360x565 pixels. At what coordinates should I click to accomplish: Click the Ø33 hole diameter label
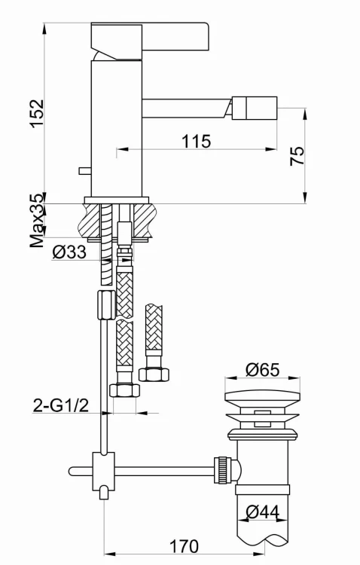click(x=69, y=253)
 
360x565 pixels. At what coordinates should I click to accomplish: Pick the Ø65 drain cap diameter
click(x=262, y=370)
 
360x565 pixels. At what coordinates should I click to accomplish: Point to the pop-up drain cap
click(x=262, y=400)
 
